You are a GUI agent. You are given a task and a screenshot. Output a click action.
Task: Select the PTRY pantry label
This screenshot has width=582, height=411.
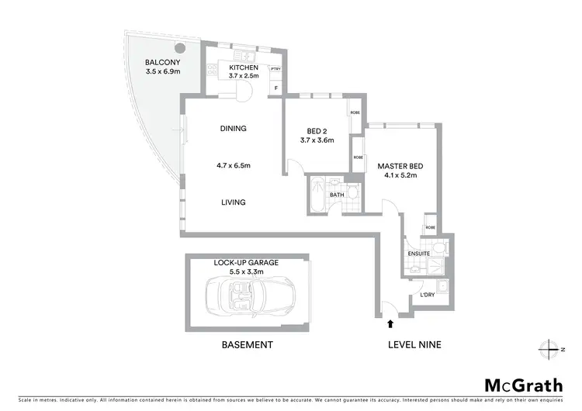tap(275, 69)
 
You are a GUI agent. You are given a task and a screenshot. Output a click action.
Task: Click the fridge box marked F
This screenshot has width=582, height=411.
tap(275, 88)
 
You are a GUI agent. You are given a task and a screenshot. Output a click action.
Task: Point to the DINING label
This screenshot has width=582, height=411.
tap(233, 130)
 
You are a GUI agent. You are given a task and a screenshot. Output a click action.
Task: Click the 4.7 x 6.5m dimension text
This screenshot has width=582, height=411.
tap(233, 165)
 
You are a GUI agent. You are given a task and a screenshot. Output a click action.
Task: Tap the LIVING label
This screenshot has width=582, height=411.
tap(233, 202)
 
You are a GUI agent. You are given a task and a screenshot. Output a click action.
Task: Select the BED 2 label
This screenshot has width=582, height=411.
tap(317, 130)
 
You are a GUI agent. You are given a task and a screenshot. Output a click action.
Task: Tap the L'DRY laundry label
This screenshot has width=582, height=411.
tap(426, 295)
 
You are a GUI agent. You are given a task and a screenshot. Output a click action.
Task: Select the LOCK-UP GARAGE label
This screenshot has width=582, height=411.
tap(246, 263)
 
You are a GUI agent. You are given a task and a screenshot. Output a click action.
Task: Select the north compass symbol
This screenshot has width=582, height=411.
tap(552, 347)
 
